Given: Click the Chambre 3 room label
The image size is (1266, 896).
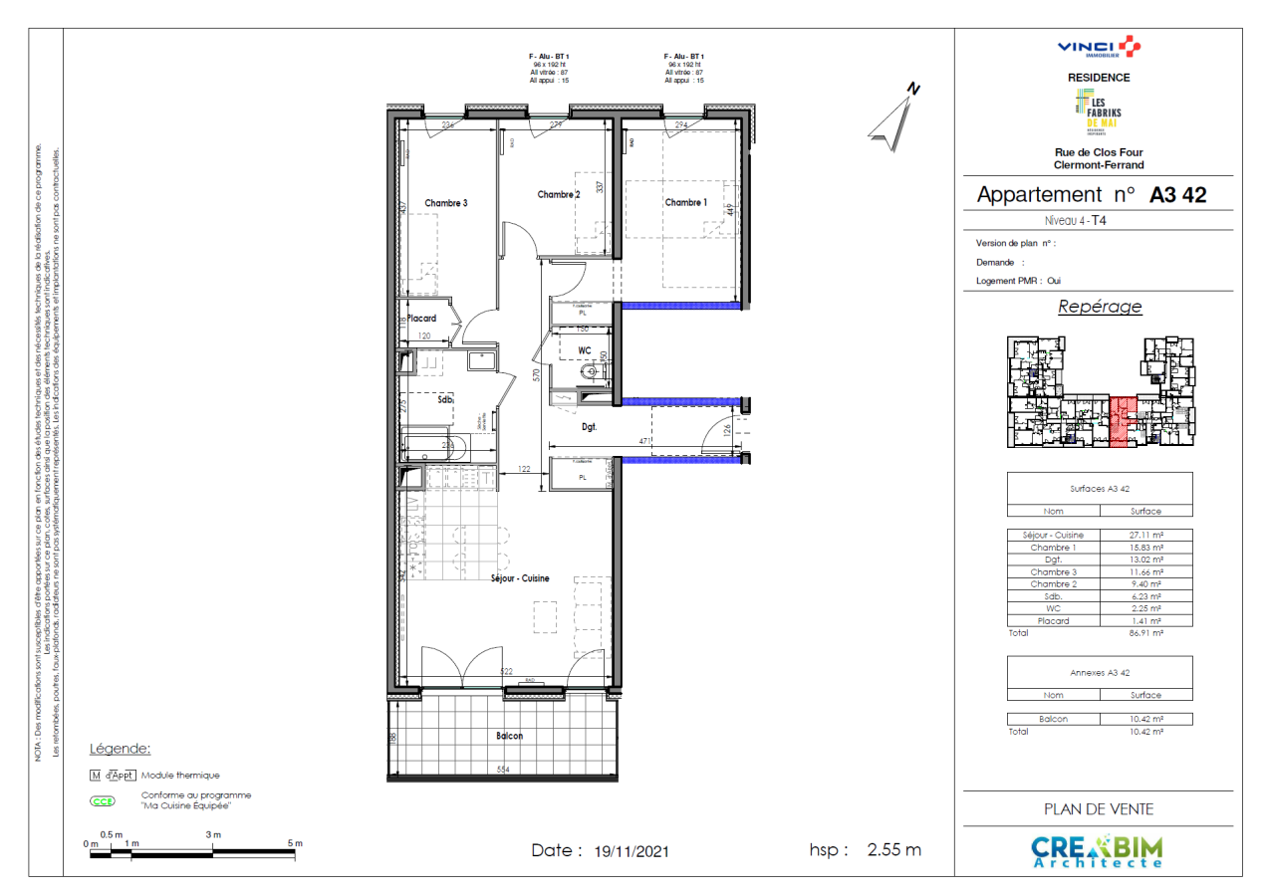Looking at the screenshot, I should (445, 203).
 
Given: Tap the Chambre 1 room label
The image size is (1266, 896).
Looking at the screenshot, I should (685, 202).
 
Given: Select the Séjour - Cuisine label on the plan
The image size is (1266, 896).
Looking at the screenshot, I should (520, 578).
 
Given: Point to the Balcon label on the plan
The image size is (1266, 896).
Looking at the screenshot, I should (509, 736).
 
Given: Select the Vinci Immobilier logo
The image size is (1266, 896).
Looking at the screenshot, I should (1099, 47).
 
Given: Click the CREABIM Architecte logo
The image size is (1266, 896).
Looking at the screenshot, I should (1097, 851).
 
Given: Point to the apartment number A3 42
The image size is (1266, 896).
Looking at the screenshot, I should (1177, 195).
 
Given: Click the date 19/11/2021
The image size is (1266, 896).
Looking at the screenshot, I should (632, 852).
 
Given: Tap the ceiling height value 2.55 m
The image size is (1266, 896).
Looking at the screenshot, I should (893, 851).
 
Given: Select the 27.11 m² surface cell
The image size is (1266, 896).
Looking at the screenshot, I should (1145, 535).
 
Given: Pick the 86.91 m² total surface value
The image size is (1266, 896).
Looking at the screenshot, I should (1145, 632).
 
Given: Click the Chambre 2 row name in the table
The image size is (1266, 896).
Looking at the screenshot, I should (1053, 584).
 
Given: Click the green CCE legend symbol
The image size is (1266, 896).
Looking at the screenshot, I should (103, 800).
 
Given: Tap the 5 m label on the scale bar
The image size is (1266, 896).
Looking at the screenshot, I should (295, 843).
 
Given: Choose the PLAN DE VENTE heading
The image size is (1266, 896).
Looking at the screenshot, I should (1099, 809).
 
